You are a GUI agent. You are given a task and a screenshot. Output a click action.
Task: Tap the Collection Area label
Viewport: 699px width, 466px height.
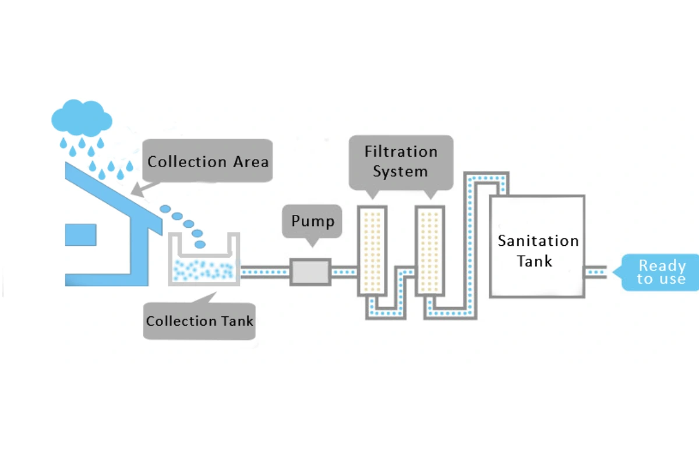click(x=207, y=161)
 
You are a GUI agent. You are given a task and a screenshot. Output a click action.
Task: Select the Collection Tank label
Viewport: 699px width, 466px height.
click(x=200, y=321)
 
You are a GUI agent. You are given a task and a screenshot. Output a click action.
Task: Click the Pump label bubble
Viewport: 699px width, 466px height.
click(x=313, y=221)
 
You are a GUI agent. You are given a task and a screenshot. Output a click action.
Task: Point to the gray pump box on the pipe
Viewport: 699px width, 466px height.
click(x=310, y=272)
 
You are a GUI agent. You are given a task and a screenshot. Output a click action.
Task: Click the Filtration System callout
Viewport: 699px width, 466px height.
click(x=401, y=161)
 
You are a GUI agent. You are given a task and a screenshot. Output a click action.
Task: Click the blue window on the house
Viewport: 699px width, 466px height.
click(x=80, y=234)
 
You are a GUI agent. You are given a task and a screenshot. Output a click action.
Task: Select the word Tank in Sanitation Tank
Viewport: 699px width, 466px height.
click(x=534, y=261)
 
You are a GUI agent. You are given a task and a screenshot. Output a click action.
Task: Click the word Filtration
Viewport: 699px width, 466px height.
click(x=401, y=152)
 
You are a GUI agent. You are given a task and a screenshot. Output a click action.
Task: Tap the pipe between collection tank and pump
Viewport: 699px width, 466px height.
click(x=265, y=272)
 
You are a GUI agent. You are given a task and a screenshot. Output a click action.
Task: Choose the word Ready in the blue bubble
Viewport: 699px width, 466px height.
click(x=662, y=266)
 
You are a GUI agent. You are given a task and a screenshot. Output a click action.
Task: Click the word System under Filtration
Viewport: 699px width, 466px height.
click(x=400, y=172)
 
